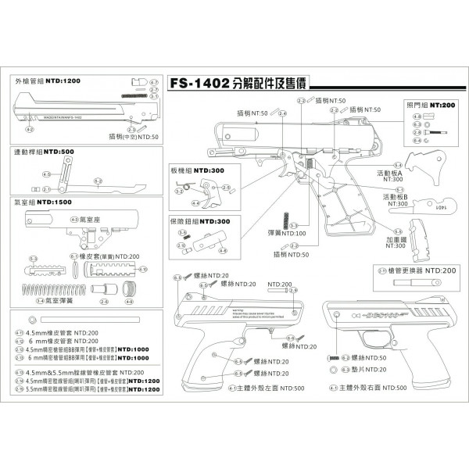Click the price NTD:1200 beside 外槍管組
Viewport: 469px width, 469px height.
point(63,81)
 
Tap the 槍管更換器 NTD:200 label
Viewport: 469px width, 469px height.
point(427,270)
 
